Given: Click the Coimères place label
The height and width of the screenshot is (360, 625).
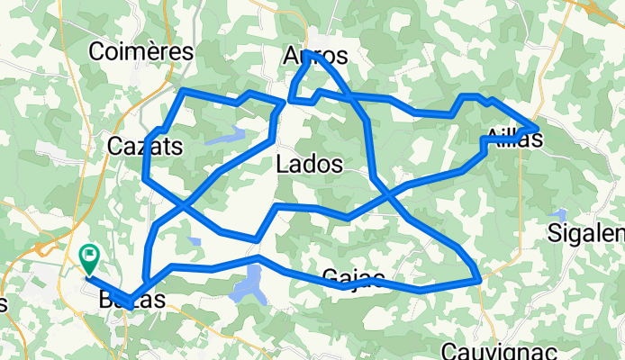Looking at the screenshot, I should pos(141,52).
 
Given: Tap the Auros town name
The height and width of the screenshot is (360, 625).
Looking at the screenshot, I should pos(314,56).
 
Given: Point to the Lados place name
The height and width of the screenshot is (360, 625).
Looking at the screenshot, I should pos(309,165).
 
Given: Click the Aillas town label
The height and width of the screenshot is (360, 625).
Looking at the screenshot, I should pos(513,139).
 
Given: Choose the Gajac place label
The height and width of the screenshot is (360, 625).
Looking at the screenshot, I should pos(353,277).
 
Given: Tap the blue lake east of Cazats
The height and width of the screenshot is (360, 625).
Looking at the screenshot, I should pos(225,138).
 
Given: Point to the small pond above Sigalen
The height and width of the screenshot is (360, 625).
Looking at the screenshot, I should pos(562,215).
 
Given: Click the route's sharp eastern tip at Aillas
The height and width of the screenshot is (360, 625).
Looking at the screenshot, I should pos(538,127).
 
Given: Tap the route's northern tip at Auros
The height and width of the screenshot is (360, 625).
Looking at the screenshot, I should pos(307,53).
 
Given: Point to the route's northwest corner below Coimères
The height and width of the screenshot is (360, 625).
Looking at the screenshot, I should pos(183,91).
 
